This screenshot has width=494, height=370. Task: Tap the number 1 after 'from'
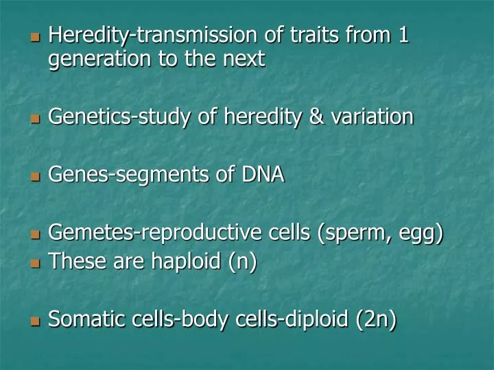403,34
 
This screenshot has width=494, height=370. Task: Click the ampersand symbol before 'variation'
318,117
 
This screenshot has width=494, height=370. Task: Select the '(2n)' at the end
376,320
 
